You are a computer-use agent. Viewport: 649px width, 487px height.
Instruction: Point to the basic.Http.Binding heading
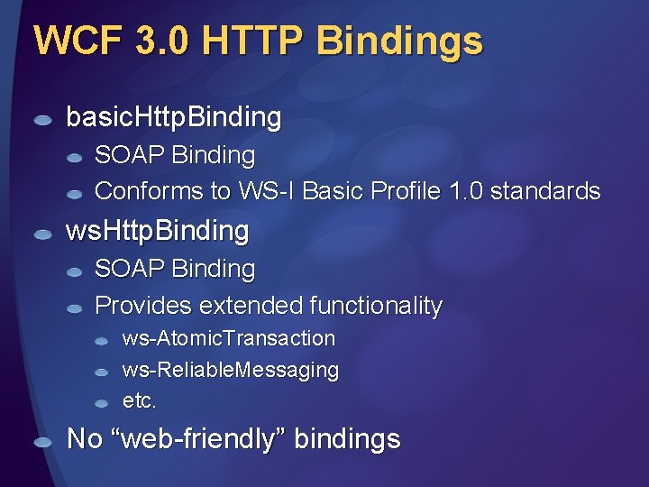pyautogui.click(x=174, y=117)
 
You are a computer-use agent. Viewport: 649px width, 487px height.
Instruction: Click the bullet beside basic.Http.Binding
pyautogui.click(x=43, y=120)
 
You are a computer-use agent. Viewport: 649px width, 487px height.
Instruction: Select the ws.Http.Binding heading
pyautogui.click(x=158, y=231)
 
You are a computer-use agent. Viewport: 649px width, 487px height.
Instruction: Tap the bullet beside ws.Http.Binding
pyautogui.click(x=43, y=234)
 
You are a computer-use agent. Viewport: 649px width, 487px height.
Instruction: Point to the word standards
pyautogui.click(x=545, y=191)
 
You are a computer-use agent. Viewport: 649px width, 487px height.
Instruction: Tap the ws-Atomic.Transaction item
pyautogui.click(x=229, y=339)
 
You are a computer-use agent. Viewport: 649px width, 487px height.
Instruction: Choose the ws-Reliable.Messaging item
pyautogui.click(x=231, y=370)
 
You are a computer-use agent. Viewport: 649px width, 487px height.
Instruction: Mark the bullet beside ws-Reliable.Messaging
pyautogui.click(x=103, y=372)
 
